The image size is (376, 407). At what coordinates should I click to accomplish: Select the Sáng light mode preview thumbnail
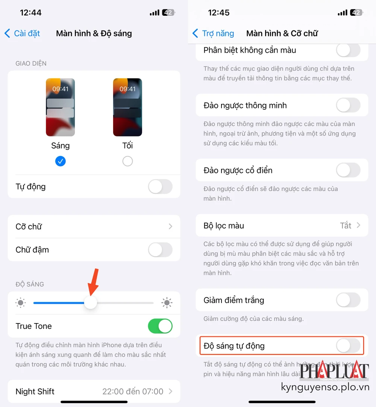(60, 107)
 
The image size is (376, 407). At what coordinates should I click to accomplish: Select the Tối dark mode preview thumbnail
(127, 107)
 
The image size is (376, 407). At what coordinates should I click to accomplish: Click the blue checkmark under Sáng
(60, 161)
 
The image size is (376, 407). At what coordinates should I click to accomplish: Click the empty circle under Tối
(127, 161)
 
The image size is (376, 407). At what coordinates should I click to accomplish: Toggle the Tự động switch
(160, 187)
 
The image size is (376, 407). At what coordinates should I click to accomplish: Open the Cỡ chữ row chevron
(170, 226)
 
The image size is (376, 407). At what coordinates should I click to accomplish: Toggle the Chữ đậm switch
(160, 250)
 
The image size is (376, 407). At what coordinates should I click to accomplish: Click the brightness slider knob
(90, 303)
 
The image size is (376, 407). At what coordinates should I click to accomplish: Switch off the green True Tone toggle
(160, 326)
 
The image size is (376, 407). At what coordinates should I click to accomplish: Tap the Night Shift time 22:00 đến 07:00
(133, 392)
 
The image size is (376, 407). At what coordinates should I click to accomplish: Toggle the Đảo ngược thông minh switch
(348, 105)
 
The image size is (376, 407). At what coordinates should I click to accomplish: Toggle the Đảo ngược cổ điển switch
(348, 170)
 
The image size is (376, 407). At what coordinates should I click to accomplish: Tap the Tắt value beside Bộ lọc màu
(346, 226)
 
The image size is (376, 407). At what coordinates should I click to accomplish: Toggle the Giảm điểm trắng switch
(348, 300)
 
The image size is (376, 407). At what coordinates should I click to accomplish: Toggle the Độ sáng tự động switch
(348, 346)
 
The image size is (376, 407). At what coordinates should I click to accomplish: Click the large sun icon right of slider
(167, 303)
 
